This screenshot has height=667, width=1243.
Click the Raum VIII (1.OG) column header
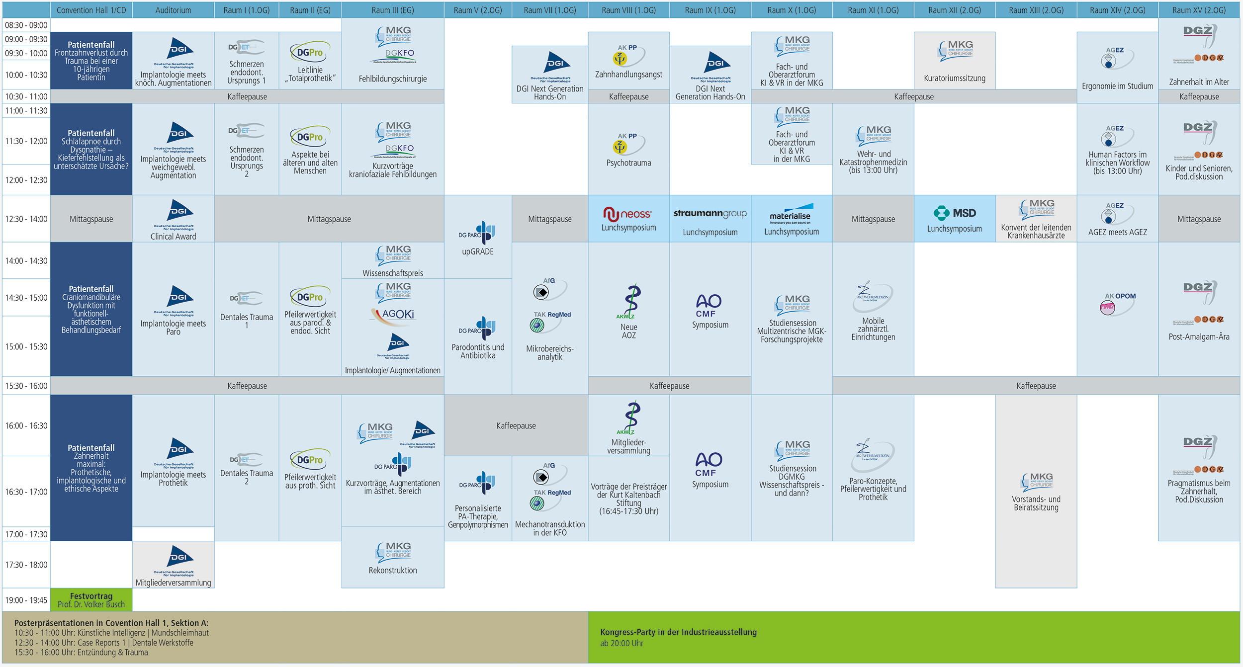[x=628, y=10]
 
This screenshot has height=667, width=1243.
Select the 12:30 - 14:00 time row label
[x=26, y=219]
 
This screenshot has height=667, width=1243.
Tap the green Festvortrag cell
[x=91, y=600]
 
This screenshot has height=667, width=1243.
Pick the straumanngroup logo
[x=710, y=214]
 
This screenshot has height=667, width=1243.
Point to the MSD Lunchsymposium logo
[x=955, y=213]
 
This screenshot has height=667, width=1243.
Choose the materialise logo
[x=791, y=213]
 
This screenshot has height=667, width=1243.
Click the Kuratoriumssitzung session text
[x=955, y=79]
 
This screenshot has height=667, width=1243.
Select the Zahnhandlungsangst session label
[x=628, y=75]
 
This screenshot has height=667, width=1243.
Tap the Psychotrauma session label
[x=628, y=163]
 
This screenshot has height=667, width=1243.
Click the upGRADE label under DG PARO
[x=478, y=251]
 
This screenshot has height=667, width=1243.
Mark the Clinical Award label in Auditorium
[x=173, y=237]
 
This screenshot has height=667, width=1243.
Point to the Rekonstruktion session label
[x=393, y=571]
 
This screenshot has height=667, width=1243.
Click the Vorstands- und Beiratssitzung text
[x=1036, y=503]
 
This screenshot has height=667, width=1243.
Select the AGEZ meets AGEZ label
[x=1117, y=232]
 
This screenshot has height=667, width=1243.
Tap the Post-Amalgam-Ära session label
[x=1199, y=337]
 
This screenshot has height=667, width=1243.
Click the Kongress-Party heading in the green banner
[x=678, y=632]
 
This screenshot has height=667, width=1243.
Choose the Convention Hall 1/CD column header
[x=91, y=10]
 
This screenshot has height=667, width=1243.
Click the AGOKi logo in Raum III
[x=398, y=315]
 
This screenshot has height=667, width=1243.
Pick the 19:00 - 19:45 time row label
[x=26, y=600]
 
